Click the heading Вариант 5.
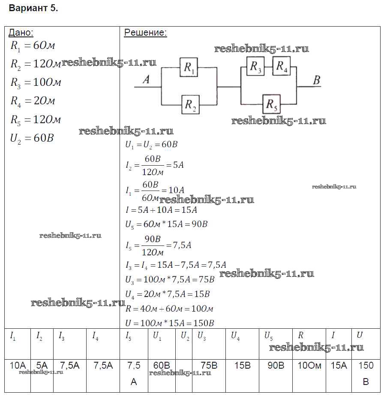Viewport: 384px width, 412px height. [33, 8]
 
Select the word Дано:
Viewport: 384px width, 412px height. [21, 33]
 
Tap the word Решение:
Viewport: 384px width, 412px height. [145, 33]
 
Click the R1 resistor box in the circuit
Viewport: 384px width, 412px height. [189, 67]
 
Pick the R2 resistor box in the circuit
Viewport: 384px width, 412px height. [191, 105]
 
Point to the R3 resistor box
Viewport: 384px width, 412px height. [255, 66]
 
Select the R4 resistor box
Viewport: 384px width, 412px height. [282, 66]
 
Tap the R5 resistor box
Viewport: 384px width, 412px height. [272, 104]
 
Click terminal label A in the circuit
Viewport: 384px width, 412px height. [146, 79]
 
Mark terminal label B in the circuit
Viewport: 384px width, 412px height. [317, 80]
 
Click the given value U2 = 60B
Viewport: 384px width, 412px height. [32, 138]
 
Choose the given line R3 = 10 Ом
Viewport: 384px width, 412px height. [36, 82]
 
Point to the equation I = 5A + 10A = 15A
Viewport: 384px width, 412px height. [161, 210]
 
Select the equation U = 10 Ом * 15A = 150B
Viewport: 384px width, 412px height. [170, 323]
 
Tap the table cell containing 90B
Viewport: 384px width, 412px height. [276, 376]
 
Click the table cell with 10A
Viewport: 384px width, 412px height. [18, 376]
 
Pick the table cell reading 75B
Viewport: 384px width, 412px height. [209, 376]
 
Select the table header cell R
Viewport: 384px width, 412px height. [309, 344]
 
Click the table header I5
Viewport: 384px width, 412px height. [134, 344]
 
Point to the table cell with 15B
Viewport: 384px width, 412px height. [242, 376]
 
